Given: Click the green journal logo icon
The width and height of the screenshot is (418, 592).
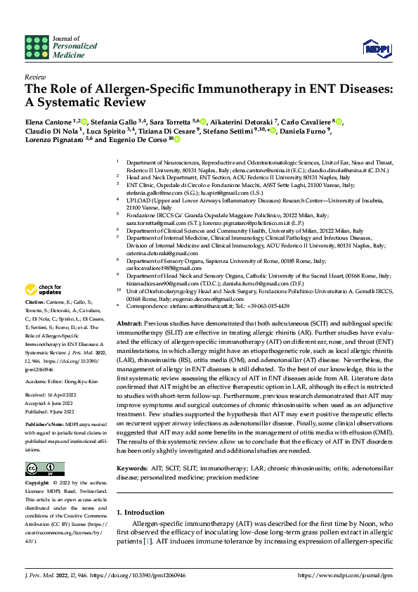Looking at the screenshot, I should [x=37, y=47].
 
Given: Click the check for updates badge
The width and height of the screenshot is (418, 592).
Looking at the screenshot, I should [x=43, y=288].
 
